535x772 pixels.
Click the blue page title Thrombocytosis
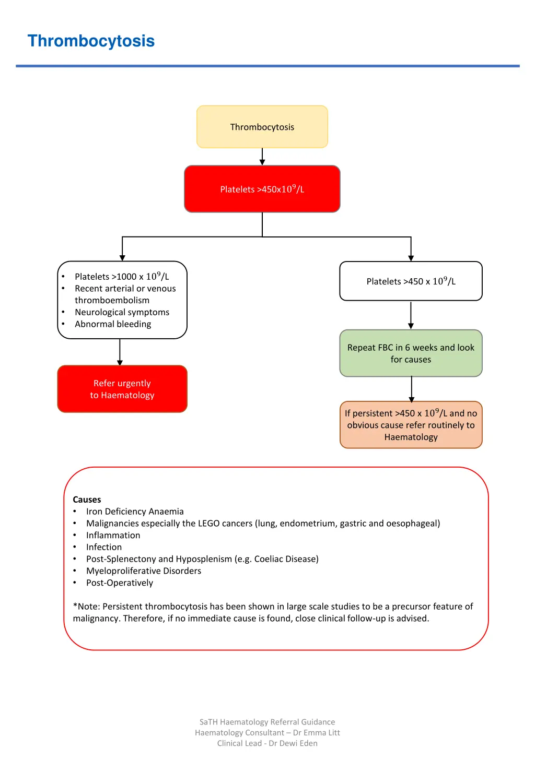click(x=91, y=41)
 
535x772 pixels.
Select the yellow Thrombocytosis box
click(x=262, y=127)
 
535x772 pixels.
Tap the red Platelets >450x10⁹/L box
click(x=262, y=189)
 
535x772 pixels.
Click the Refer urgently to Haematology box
click(x=122, y=389)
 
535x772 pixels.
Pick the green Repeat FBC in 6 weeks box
click(x=411, y=353)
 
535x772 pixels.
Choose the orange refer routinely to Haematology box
click(x=411, y=425)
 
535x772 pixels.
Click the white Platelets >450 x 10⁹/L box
click(x=411, y=281)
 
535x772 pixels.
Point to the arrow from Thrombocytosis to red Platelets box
click(x=262, y=157)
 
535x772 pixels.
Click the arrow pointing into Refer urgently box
click(x=120, y=352)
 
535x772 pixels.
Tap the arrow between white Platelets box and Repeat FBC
click(x=411, y=315)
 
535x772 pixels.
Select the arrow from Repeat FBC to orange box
click(x=412, y=389)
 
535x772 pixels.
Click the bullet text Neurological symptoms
click(x=122, y=312)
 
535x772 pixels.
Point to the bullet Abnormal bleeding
click(x=113, y=324)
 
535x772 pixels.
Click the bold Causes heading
click(x=87, y=500)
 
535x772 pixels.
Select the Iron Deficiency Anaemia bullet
click(x=135, y=512)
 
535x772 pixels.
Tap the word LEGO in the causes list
click(x=209, y=524)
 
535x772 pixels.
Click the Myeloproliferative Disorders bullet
click(x=144, y=571)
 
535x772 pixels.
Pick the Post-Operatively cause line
click(x=120, y=583)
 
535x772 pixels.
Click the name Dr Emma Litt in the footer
click(x=317, y=733)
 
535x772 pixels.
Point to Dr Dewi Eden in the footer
click(x=293, y=743)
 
